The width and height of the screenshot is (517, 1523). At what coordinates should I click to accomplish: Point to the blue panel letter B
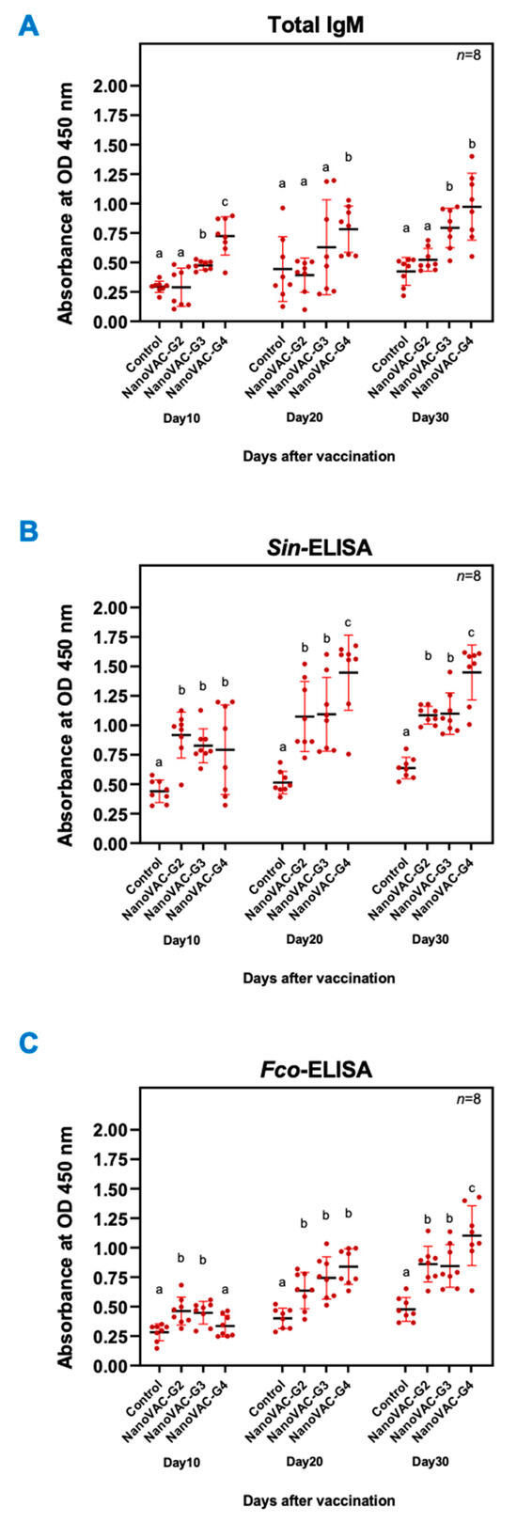click(x=29, y=531)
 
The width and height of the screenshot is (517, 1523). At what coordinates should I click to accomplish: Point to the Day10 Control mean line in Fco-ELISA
click(x=160, y=1331)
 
